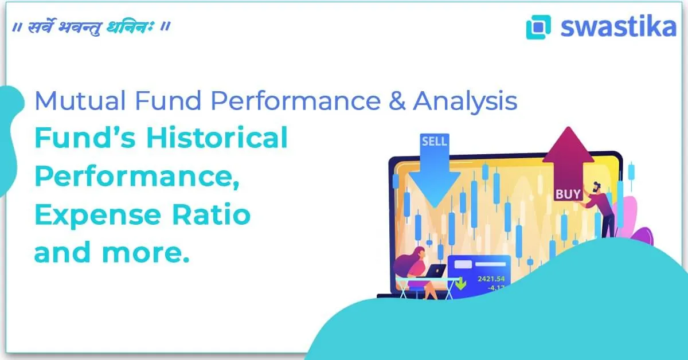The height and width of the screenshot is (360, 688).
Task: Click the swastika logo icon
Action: [x=538, y=27]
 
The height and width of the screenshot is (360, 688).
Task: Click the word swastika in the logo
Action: [x=618, y=26]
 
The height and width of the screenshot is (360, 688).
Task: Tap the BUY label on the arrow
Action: [x=568, y=194]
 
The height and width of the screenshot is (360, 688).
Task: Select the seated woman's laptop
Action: [x=436, y=269]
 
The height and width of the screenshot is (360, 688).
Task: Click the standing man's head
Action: [x=597, y=187]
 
